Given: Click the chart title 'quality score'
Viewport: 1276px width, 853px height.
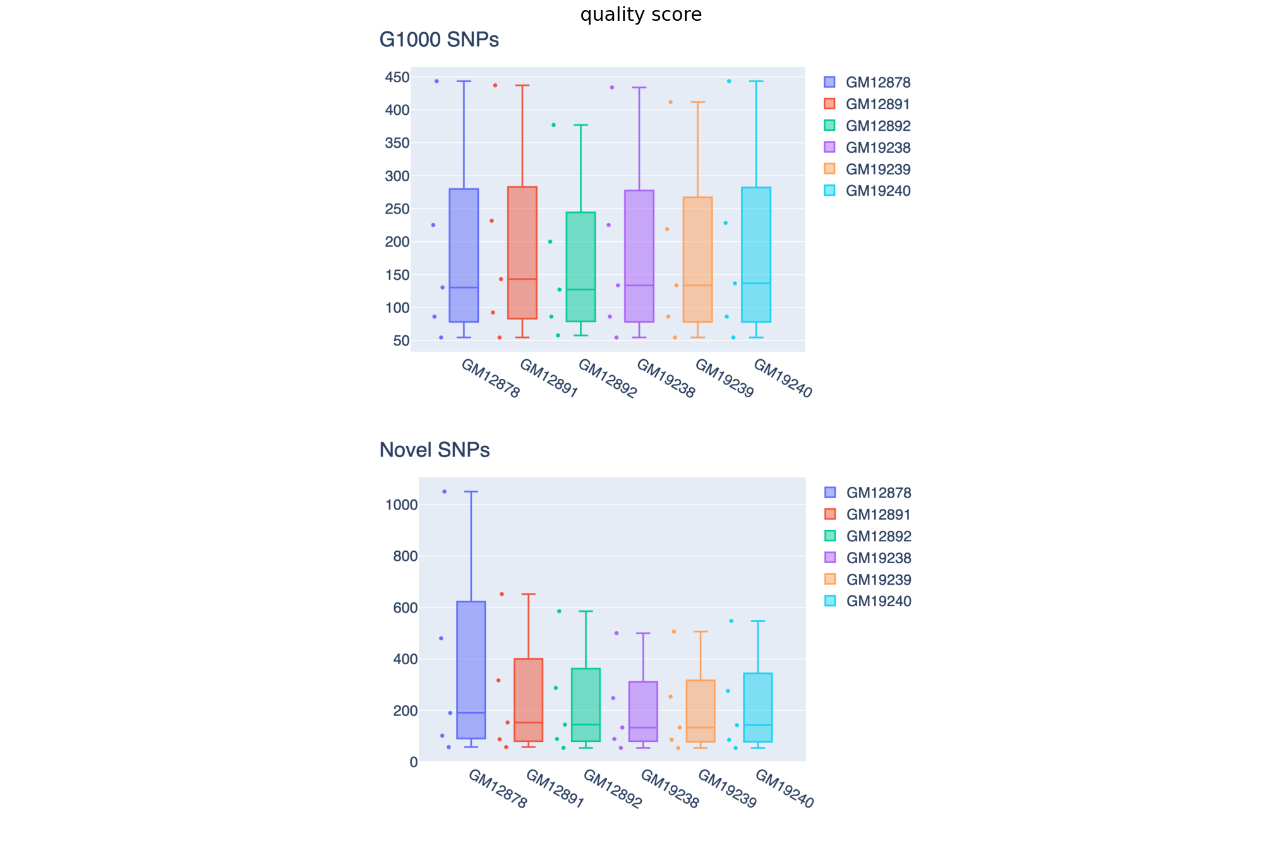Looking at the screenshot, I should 641,15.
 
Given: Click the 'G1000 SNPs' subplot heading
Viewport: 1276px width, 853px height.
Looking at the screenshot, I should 439,40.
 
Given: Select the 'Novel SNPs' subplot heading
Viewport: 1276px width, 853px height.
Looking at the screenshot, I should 435,450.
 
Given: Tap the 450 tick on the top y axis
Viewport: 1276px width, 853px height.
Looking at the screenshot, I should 397,78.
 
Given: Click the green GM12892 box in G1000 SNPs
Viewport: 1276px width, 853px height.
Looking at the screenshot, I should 581,266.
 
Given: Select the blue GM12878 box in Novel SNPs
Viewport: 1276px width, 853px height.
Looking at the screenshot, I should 471,670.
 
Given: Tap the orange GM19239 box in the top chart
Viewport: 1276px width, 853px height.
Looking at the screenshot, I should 697,259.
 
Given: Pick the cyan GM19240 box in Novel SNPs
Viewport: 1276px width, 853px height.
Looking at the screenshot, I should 758,707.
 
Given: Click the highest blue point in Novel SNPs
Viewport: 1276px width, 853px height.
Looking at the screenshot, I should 444,491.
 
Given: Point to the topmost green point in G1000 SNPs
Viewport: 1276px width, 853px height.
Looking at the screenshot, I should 553,125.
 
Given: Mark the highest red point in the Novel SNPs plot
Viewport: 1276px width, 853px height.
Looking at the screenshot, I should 502,594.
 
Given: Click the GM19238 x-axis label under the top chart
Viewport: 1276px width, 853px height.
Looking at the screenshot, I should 666,378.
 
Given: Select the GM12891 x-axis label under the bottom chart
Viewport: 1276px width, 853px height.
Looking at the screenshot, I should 555,789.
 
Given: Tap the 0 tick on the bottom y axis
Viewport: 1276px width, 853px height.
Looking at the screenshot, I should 414,762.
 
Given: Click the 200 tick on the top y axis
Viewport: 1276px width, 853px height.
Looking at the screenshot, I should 397,242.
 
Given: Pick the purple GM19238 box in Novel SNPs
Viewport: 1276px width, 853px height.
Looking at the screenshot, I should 643,711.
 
